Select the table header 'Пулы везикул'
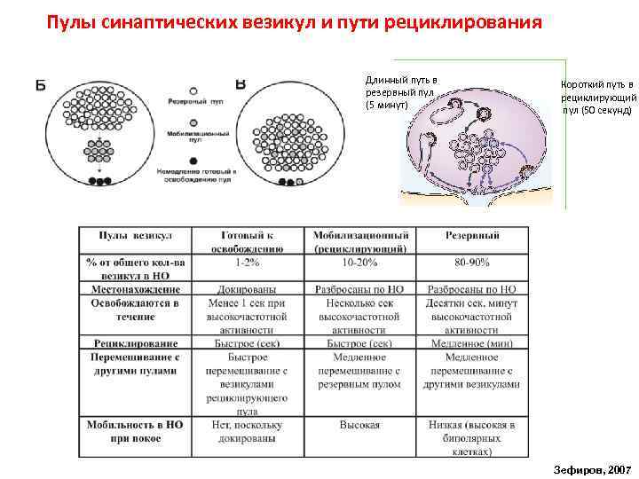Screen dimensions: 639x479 (x=135, y=235)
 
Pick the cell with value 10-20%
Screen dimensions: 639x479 (x=359, y=263)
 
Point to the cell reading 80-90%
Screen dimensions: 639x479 (x=471, y=263)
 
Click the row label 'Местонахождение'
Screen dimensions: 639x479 (x=135, y=289)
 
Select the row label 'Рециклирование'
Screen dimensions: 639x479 (x=135, y=342)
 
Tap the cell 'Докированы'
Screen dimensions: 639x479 (x=247, y=289)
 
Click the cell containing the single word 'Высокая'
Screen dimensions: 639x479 (x=359, y=425)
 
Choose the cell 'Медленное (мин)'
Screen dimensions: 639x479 (x=471, y=342)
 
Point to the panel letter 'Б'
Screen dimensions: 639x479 (x=41, y=85)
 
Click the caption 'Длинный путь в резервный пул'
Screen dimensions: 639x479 (x=400, y=92)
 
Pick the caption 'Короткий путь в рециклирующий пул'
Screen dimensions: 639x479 (x=596, y=98)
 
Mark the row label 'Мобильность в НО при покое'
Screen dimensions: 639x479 (x=135, y=431)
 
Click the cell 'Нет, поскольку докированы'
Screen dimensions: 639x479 (x=247, y=431)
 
